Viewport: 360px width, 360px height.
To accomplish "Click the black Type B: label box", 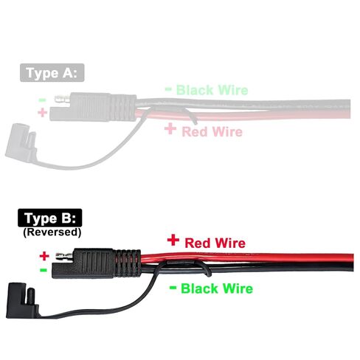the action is pos(50,218).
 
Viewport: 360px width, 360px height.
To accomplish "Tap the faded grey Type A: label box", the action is pos(52,73).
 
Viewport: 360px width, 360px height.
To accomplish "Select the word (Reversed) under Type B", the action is pos(52,232).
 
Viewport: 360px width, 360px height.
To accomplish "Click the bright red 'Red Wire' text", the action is pos(215,243).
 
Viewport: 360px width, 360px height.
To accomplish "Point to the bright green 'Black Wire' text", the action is pos(217,288).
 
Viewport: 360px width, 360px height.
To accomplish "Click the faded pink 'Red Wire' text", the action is pos(212,131).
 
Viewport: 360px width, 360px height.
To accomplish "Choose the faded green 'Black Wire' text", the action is pos(212,90).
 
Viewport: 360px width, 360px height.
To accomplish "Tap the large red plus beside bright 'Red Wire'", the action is pos(173,240).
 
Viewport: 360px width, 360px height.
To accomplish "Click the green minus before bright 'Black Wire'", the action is pos(173,287).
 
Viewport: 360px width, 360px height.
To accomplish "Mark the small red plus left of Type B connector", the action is pos(44,256).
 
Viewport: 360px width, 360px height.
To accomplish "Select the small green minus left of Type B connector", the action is pos(44,270).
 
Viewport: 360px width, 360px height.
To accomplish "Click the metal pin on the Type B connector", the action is pos(64,257).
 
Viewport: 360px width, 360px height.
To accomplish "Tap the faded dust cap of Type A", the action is pos(20,142).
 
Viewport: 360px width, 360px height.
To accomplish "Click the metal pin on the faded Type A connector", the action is pos(63,100).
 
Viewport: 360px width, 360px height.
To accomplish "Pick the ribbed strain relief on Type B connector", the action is pos(127,263).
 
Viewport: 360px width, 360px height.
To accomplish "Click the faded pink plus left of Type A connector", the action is pos(42,113).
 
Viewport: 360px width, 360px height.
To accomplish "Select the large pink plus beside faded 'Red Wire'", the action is pos(170,129).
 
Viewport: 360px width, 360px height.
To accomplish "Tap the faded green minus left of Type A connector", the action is pos(42,100).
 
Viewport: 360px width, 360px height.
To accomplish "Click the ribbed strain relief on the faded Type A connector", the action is pos(123,107).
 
